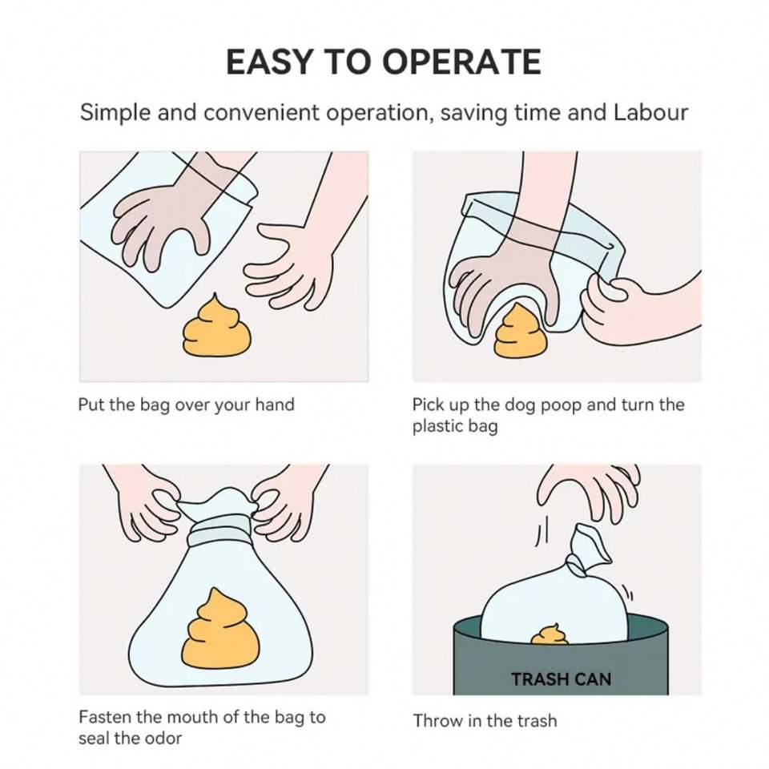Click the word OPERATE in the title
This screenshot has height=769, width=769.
click(461, 62)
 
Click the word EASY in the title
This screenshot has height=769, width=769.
click(269, 62)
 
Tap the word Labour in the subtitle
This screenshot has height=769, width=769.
click(650, 112)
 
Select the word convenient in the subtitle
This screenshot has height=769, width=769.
click(261, 113)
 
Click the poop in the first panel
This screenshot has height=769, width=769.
click(217, 326)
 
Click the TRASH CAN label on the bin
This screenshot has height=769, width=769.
click(561, 679)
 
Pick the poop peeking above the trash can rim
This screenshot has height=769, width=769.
click(550, 634)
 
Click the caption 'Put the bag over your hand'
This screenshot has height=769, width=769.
click(187, 405)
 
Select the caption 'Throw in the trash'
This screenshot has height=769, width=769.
click(485, 721)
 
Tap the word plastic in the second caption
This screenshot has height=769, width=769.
click(437, 426)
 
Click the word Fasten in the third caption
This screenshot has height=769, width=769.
click(105, 717)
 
